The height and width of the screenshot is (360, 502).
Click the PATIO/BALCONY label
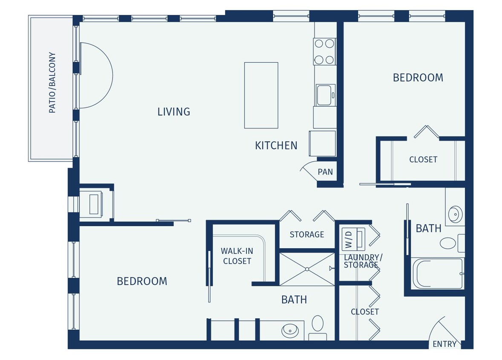tap(52, 83)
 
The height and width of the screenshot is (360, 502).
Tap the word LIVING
tap(173, 112)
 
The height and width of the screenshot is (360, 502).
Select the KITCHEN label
tap(276, 145)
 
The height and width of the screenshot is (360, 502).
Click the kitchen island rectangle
tap(261, 95)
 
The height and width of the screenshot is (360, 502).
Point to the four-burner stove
tap(324, 51)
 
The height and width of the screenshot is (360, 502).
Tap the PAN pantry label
tap(325, 172)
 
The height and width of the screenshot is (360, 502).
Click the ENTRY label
tap(444, 344)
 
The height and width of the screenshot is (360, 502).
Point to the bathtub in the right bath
tap(437, 273)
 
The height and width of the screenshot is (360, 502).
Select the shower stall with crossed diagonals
tap(307, 269)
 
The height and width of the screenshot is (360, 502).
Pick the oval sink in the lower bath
tap(290, 330)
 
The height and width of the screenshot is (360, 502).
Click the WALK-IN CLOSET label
tap(237, 256)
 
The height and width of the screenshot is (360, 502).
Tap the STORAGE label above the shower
tap(307, 235)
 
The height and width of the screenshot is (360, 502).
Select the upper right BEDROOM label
tap(418, 78)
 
